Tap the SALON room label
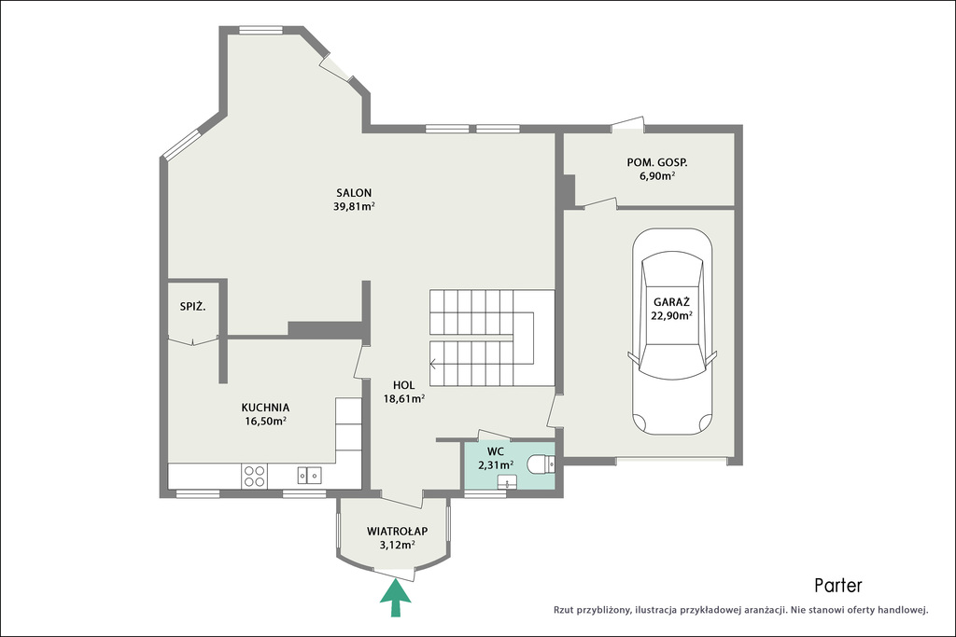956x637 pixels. (354, 192)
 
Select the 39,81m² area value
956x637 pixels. (354, 206)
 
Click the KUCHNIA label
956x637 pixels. (265, 408)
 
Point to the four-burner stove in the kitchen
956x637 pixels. (254, 476)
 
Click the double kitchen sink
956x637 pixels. (310, 475)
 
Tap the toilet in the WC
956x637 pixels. (541, 464)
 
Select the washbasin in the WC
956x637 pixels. (507, 483)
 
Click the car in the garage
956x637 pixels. (672, 331)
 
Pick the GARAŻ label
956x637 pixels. (671, 302)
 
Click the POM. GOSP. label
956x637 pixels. (657, 162)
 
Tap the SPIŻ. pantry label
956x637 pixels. (192, 307)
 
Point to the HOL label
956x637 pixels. (403, 385)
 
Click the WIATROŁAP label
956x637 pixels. (397, 531)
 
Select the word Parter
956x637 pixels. (838, 586)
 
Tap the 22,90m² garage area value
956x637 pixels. (671, 315)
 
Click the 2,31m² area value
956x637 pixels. (495, 465)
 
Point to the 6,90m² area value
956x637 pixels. (657, 176)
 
